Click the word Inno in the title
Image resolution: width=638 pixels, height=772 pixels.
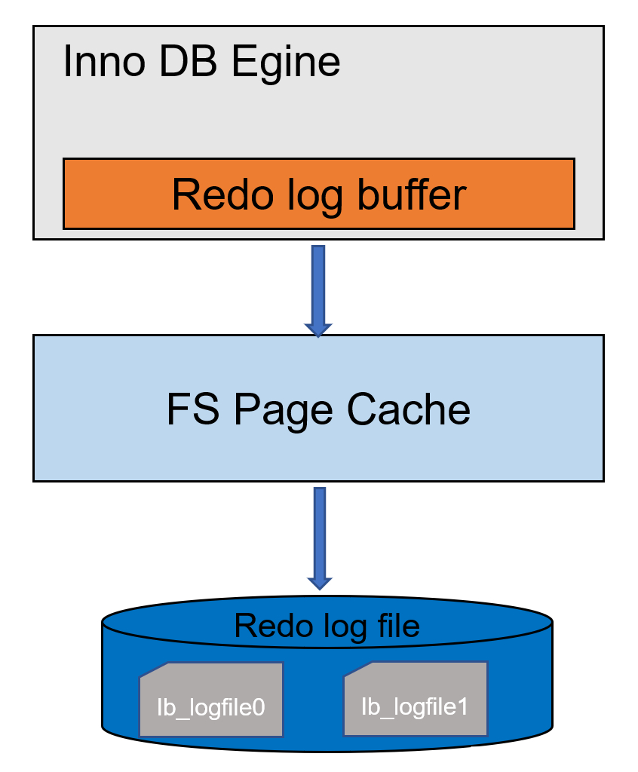click(x=104, y=62)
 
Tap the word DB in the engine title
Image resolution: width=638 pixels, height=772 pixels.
click(x=189, y=62)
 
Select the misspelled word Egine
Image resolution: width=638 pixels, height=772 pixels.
click(x=286, y=64)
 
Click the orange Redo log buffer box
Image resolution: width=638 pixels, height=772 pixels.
click(x=319, y=194)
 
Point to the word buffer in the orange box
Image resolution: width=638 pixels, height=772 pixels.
click(x=412, y=195)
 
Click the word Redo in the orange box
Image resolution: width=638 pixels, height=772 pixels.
click(x=222, y=195)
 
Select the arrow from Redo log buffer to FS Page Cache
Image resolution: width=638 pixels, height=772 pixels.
click(x=318, y=292)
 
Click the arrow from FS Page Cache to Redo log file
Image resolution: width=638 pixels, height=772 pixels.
click(x=320, y=538)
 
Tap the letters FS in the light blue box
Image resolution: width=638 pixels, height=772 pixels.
click(x=193, y=409)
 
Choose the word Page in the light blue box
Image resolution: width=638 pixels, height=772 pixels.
click(x=284, y=411)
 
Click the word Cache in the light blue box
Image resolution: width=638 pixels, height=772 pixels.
click(x=409, y=409)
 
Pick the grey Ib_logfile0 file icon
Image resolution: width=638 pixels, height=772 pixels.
click(x=211, y=699)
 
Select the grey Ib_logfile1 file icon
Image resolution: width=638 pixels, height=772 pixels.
click(x=416, y=699)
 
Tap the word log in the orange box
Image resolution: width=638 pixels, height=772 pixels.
click(x=314, y=197)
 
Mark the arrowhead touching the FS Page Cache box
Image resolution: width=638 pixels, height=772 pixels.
click(x=318, y=330)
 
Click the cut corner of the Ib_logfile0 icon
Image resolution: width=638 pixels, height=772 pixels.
click(x=154, y=669)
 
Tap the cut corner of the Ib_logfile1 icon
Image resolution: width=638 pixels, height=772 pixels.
click(x=357, y=669)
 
